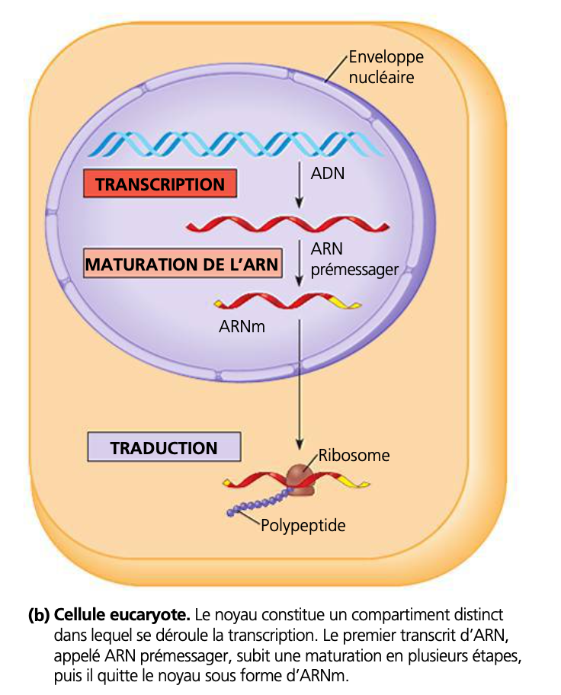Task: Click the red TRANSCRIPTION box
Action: click(160, 184)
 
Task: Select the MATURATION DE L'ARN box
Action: click(181, 265)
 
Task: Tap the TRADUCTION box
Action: click(164, 448)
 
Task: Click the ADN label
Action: click(328, 173)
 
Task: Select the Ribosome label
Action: click(354, 456)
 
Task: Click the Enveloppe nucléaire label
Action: click(385, 66)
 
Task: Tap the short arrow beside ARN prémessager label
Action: click(300, 263)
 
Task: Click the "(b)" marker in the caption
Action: click(39, 614)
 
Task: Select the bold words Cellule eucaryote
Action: click(122, 614)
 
